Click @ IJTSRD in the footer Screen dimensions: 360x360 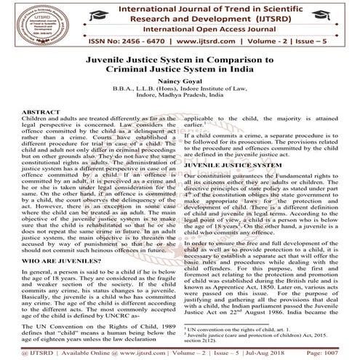22,353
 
